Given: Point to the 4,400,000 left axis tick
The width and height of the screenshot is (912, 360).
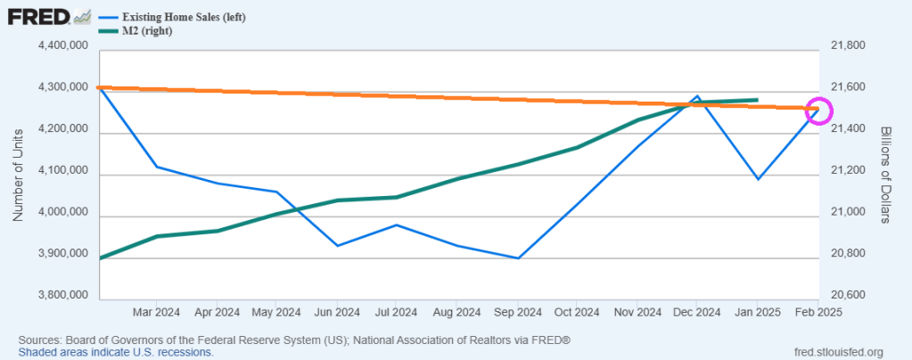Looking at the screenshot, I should coord(58,45).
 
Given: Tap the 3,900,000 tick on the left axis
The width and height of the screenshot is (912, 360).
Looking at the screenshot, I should coord(58,255).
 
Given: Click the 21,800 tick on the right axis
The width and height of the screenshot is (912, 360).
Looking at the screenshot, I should coord(848,45).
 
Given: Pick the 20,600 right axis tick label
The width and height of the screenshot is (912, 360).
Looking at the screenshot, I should coord(848,296).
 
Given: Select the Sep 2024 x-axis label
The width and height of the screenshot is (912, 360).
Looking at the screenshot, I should coord(518,313).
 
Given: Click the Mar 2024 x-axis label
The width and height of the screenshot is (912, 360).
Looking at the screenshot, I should coord(156,313).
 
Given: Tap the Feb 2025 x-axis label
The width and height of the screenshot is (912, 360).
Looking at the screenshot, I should coord(818,313).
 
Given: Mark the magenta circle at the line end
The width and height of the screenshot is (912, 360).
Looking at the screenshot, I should coord(818,110).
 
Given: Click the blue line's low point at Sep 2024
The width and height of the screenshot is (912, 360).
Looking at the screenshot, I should coord(518,258).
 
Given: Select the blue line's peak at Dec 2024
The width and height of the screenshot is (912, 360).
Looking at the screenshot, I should coord(698,95).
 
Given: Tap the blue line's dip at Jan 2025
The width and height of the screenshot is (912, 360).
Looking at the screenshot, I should coord(758,179).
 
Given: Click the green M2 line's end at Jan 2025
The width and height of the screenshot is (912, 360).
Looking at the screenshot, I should coord(758,100).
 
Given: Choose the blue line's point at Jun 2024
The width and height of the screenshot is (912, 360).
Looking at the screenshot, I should coord(337,245).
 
